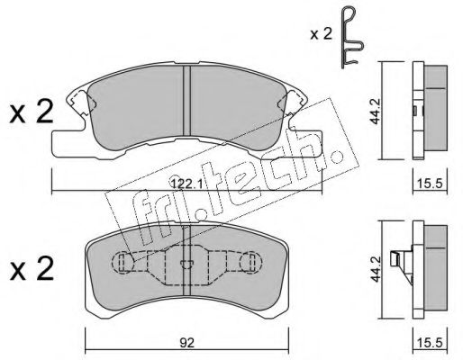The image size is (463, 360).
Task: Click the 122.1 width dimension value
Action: tap(186, 182)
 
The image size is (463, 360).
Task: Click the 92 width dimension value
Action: tap(186, 343)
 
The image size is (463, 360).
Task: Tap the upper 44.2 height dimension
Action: tap(375, 111)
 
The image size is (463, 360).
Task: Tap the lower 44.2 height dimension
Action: tap(375, 269)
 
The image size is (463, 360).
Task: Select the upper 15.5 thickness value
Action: tap(430, 183)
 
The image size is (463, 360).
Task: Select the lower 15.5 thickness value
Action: tap(430, 343)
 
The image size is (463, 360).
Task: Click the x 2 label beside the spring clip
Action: tap(322, 34)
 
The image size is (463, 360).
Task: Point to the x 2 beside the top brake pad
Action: tap(32, 112)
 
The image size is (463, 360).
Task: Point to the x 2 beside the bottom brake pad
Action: tap(32, 268)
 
